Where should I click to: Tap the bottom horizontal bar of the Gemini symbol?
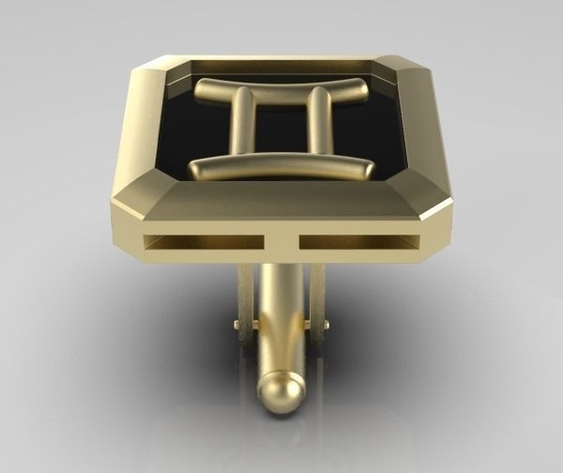pos(281,168)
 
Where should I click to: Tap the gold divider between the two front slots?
pos(280,242)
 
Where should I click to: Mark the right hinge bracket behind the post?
pos(316,296)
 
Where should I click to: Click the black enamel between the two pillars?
pos(280,127)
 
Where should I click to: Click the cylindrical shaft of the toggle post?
pos(280,319)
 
